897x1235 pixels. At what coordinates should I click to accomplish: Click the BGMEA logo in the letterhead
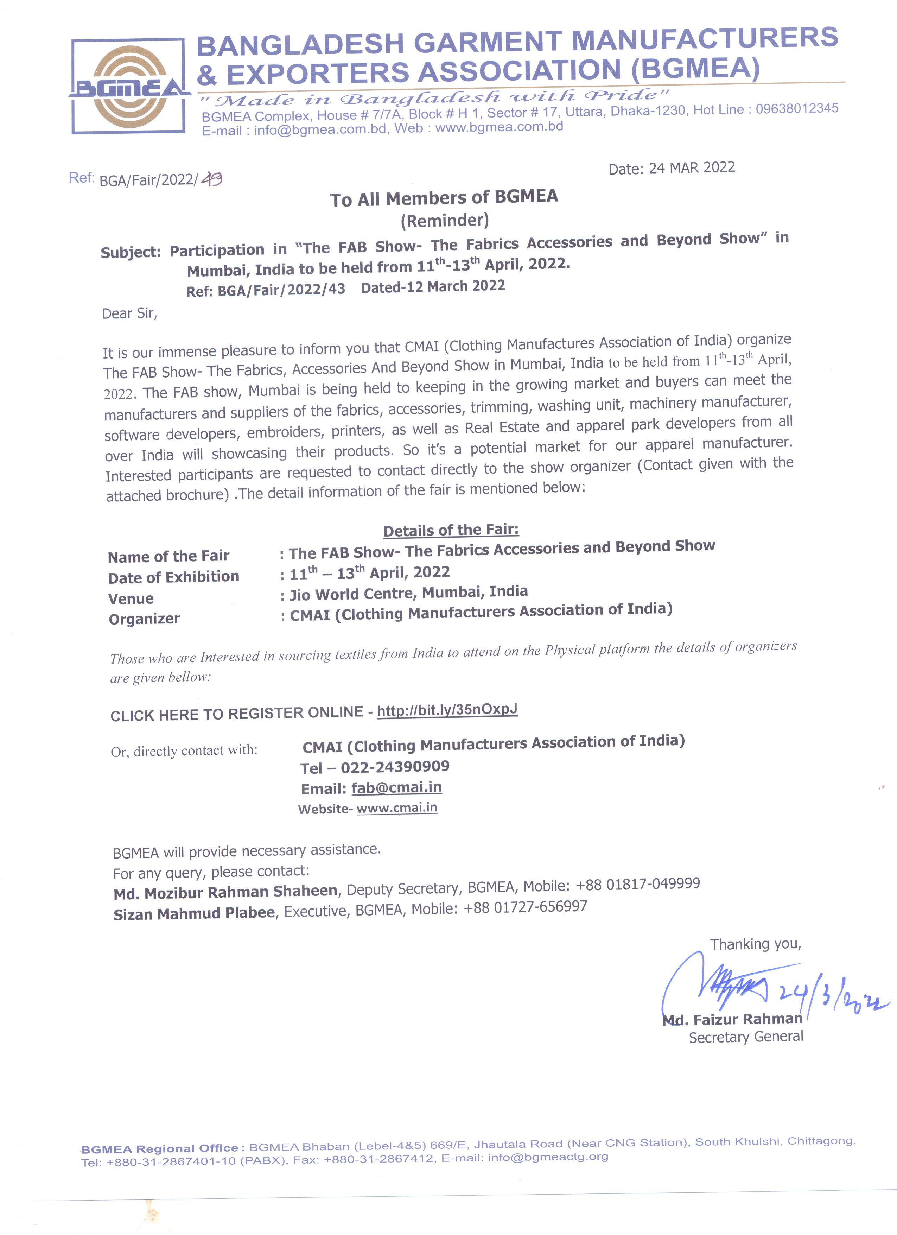pyautogui.click(x=129, y=86)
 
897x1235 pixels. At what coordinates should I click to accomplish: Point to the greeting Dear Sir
pyautogui.click(x=129, y=313)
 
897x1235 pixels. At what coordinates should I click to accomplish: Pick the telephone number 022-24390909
pyautogui.click(x=395, y=767)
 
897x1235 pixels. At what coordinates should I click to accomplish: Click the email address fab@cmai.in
pyautogui.click(x=396, y=787)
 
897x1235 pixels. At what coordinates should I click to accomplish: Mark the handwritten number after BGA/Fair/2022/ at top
pyautogui.click(x=212, y=179)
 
